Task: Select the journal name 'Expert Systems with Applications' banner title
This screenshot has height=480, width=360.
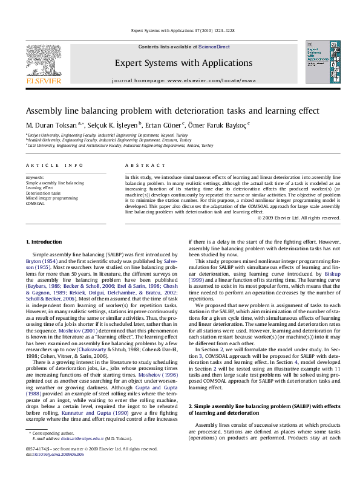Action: point(183,63)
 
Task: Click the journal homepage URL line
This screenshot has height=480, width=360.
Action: point(183,80)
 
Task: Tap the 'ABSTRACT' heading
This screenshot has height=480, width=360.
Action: point(141,165)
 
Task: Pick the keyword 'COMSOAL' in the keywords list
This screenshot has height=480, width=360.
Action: point(36,204)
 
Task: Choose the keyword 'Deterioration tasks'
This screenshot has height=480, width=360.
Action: point(44,193)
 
